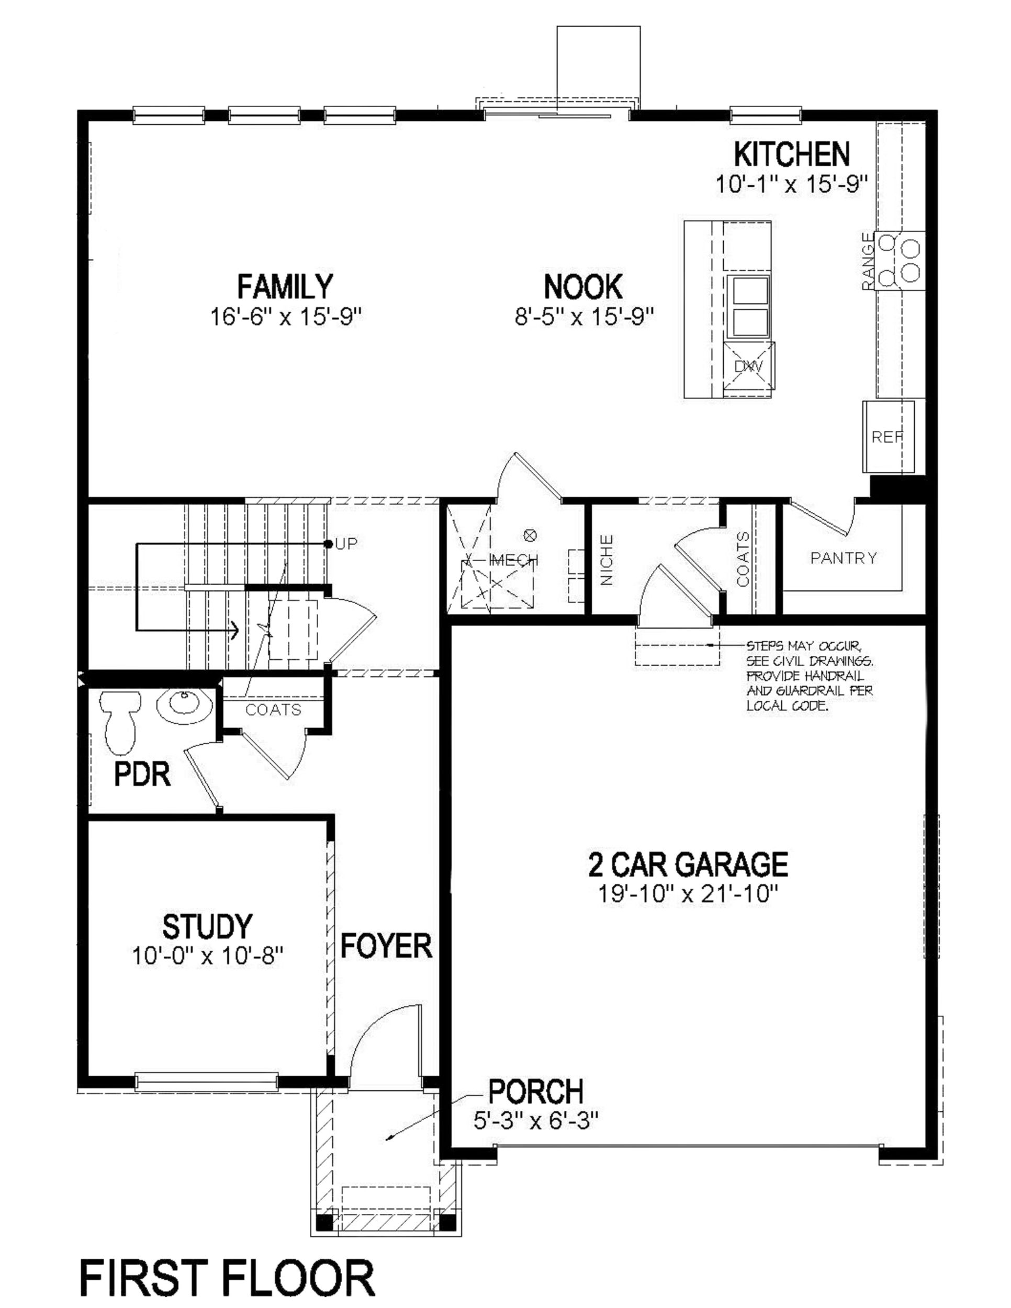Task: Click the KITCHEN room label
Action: click(x=791, y=154)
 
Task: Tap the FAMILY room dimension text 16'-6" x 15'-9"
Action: click(x=286, y=316)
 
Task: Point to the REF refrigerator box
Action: click(x=887, y=437)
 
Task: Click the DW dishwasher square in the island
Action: click(x=748, y=366)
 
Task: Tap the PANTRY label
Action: click(x=843, y=558)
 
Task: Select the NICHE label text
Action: click(x=606, y=560)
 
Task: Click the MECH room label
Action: click(x=513, y=560)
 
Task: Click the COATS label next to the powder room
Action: click(x=273, y=710)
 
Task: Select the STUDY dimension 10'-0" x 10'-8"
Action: click(x=207, y=956)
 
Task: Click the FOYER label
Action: click(x=386, y=946)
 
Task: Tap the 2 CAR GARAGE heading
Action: click(x=688, y=864)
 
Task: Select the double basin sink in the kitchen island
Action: click(x=748, y=306)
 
